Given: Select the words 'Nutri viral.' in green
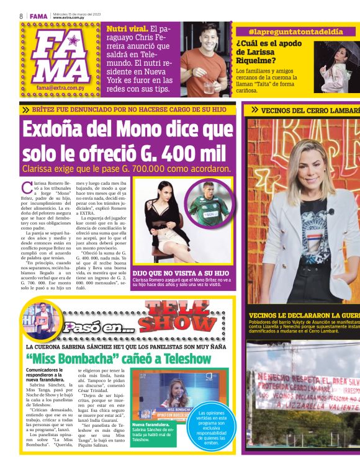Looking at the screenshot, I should [127, 29].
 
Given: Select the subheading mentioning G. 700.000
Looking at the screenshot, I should [127, 169].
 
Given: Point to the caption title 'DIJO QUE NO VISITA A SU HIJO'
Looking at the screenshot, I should [181, 273].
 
